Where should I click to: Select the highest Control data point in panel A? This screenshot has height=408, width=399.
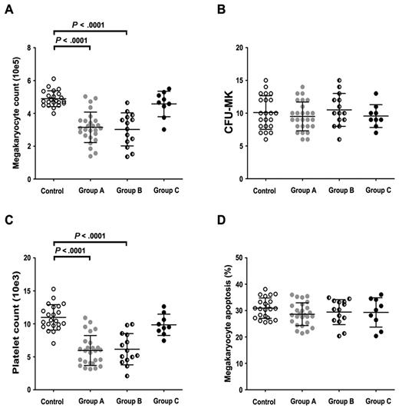(52, 79)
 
